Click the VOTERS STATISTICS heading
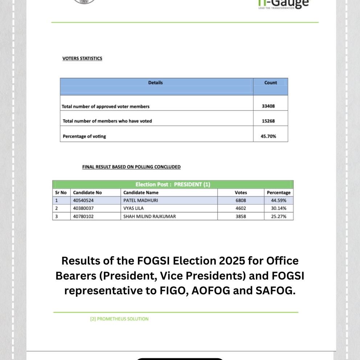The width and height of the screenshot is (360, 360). (82, 58)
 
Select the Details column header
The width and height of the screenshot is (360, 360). (155, 83)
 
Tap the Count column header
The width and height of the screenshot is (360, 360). (270, 83)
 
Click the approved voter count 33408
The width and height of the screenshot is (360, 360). (269, 106)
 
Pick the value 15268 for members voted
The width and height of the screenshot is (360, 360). (269, 121)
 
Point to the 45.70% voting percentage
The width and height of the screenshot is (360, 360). (269, 136)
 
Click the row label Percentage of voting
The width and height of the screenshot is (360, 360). (84, 136)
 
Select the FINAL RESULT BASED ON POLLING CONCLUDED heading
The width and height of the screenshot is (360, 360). (131, 167)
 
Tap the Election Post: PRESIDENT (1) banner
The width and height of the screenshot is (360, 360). (173, 184)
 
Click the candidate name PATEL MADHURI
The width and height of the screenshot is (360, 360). (140, 200)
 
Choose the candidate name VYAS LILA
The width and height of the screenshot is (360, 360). (134, 208)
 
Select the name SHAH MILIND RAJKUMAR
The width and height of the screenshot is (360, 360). (150, 216)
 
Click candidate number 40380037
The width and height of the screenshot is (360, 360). (83, 208)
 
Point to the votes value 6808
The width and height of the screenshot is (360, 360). (241, 200)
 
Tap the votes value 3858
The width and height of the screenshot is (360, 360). (241, 216)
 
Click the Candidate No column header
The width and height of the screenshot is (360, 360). (87, 193)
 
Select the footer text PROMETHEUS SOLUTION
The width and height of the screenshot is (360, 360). (123, 319)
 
